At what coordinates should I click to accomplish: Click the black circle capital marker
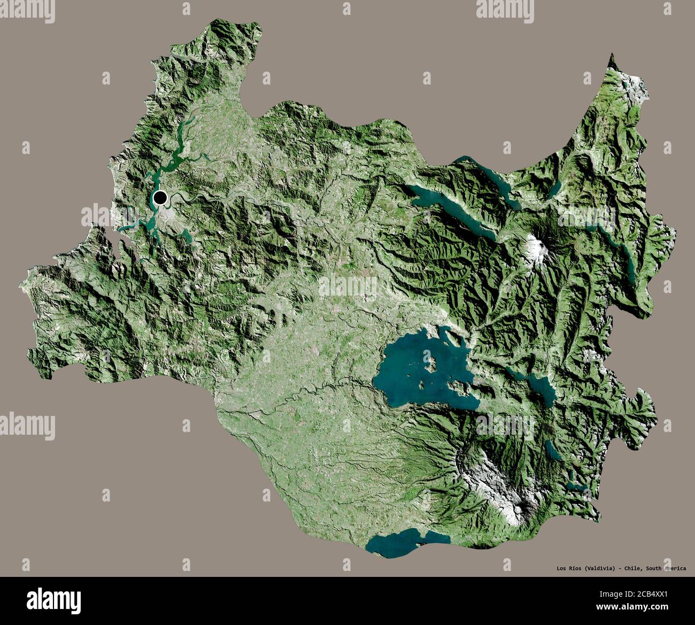[160, 198]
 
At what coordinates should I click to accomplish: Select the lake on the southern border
[406, 542]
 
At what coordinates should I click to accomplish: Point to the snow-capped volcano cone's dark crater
[537, 245]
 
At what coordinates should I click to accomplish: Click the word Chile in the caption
[633, 568]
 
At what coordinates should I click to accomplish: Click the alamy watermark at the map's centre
[347, 288]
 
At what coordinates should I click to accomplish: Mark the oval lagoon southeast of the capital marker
[186, 235]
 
